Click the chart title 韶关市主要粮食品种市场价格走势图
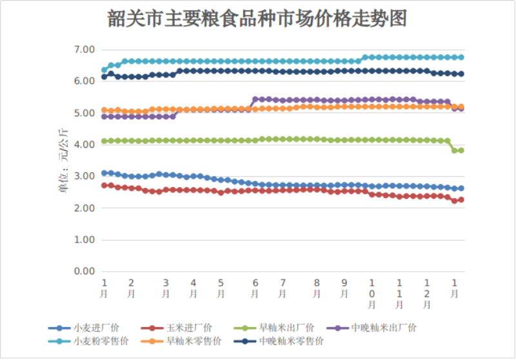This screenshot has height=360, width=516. click(x=257, y=19)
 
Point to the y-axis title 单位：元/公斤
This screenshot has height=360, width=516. click(x=63, y=161)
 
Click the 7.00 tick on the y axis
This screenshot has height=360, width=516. click(x=84, y=50)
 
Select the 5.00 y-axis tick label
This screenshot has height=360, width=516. click(x=84, y=113)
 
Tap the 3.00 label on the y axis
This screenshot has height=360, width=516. click(x=84, y=176)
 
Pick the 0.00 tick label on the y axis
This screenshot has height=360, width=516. click(x=84, y=272)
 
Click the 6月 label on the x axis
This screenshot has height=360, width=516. click(x=255, y=288)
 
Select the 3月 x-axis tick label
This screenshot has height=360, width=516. click(x=166, y=288)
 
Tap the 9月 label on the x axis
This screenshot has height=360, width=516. click(x=344, y=288)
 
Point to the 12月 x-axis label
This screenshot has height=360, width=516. click(x=427, y=294)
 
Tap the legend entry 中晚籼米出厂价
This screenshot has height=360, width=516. click(x=384, y=328)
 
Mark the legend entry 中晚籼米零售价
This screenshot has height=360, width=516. click(x=291, y=340)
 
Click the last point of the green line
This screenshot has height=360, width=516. click(x=461, y=150)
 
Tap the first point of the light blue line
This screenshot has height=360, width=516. click(x=104, y=70)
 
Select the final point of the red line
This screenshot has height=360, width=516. click(x=461, y=200)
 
